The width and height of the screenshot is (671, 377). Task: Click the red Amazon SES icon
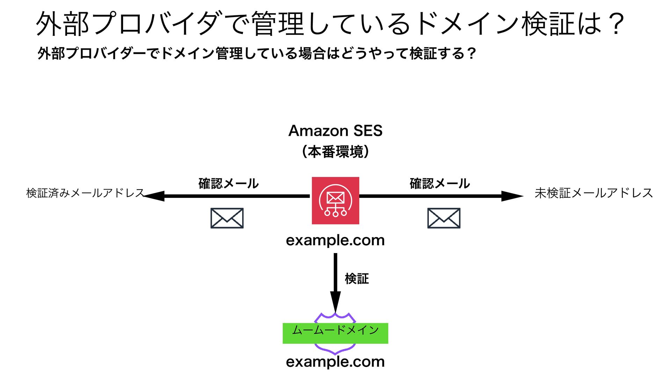point(335,200)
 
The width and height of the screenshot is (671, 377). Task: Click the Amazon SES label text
point(335,131)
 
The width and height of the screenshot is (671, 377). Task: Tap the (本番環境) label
point(335,152)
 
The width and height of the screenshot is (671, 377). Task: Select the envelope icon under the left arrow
point(227,218)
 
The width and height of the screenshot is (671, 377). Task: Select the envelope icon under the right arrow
point(443,218)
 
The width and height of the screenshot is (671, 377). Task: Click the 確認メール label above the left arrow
point(228,184)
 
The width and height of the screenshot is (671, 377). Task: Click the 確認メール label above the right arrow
point(440,184)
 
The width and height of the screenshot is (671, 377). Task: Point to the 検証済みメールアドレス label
point(85,193)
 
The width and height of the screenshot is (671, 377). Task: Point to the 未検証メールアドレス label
point(593,193)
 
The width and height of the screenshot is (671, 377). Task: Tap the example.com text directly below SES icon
point(335,240)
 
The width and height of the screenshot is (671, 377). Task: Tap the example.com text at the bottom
point(335,362)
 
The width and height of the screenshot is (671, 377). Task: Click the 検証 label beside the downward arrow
point(356,279)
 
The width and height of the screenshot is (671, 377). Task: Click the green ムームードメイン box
point(335,333)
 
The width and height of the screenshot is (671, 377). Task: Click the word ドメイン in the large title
point(468,24)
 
